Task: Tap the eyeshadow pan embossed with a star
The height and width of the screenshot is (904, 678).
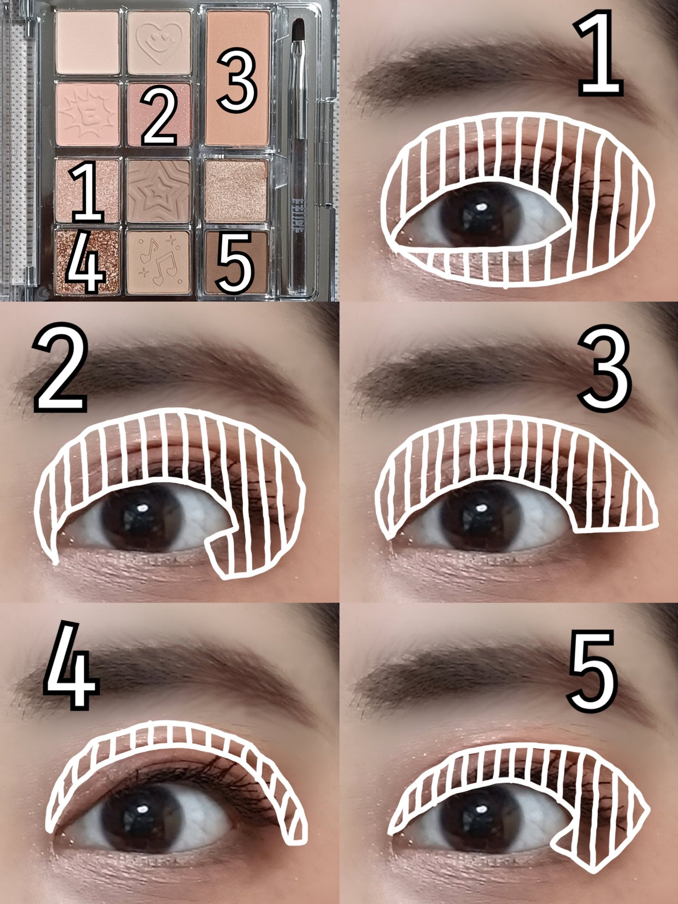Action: [159, 190]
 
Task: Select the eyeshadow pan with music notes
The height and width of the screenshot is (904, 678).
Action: [159, 261]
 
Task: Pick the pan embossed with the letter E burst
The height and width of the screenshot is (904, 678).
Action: [88, 114]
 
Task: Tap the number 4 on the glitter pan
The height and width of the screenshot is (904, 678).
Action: [85, 263]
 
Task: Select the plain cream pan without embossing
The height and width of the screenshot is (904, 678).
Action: [88, 43]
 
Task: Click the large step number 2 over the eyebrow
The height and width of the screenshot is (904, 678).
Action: [60, 367]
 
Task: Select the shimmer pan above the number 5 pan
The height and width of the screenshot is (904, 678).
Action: [237, 190]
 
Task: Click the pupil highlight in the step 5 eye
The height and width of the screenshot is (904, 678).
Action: [481, 808]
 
